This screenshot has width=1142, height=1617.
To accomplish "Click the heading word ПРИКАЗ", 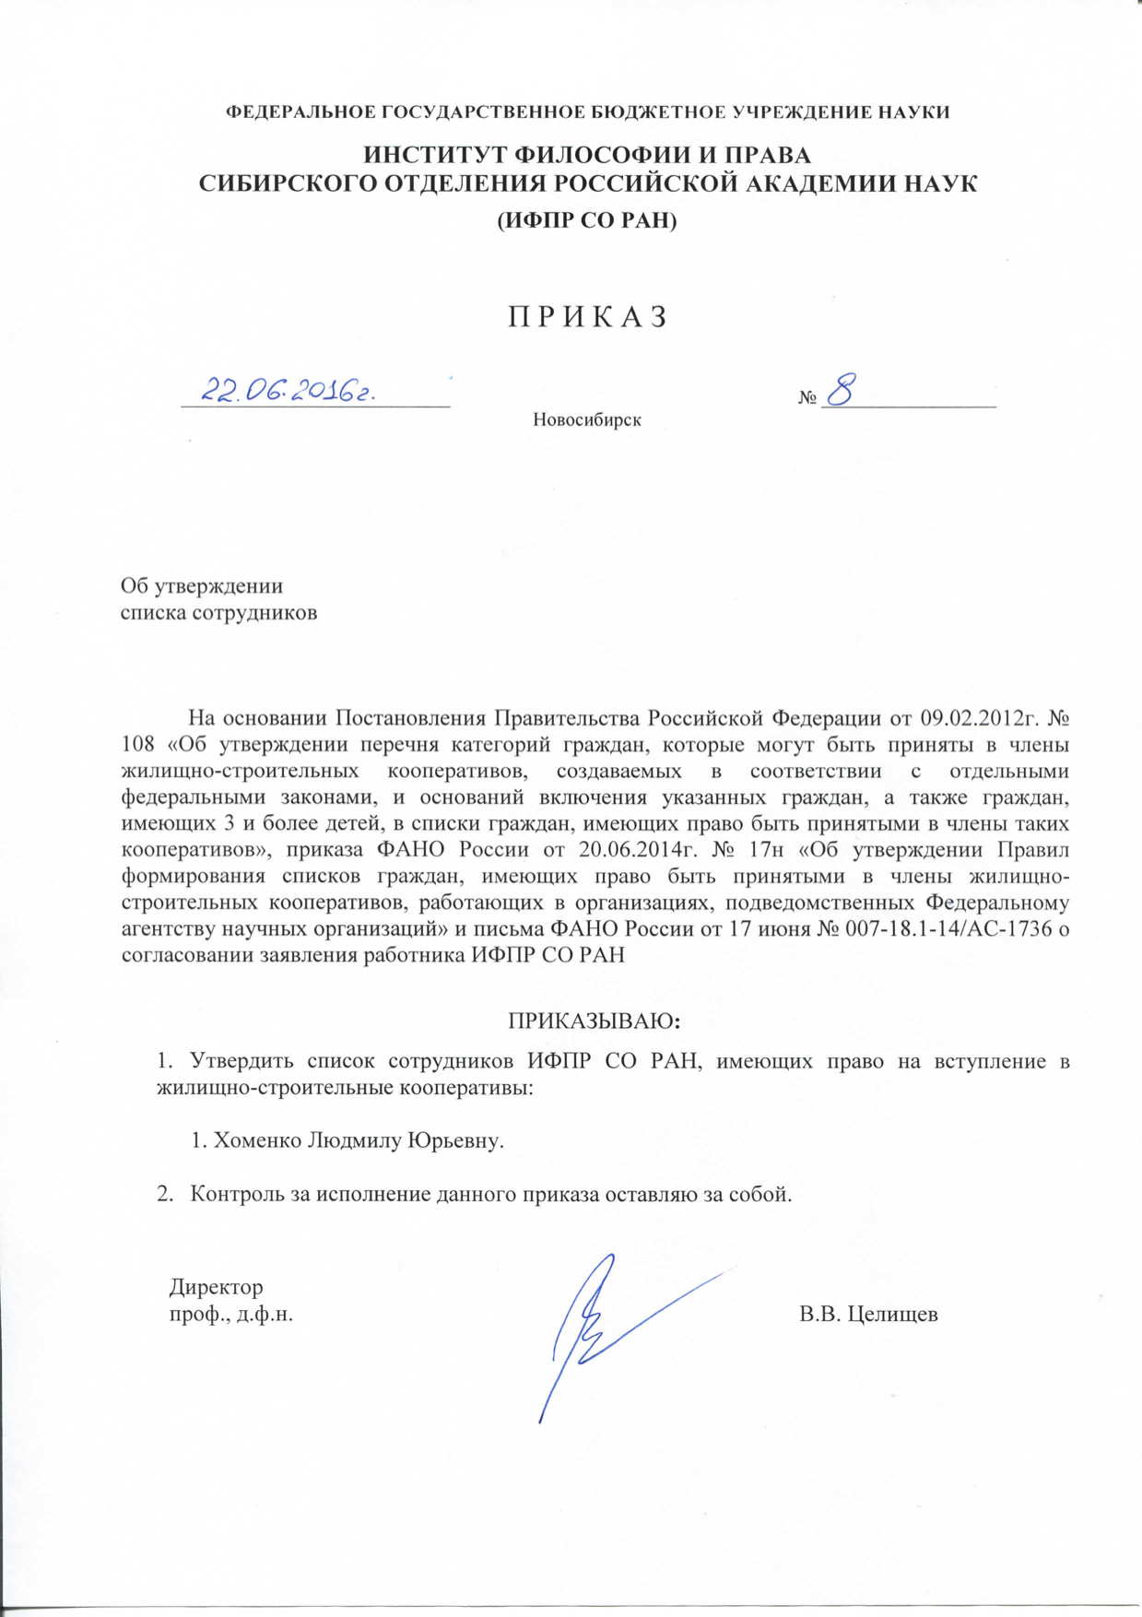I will click(x=587, y=317).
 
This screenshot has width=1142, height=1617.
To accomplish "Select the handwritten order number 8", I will click(x=842, y=389).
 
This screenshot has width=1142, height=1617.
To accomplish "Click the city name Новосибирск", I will click(x=587, y=420).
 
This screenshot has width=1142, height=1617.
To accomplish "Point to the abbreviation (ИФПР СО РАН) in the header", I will click(x=587, y=221).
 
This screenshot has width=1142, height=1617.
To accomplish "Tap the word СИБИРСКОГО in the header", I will click(x=278, y=183).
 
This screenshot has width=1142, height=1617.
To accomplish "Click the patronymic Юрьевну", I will click(x=456, y=1140).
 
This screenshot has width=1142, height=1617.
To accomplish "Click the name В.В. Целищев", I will click(x=868, y=1315).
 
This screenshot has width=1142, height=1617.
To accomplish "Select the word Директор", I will click(x=217, y=1286).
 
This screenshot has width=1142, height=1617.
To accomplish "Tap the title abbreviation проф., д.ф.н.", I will click(x=231, y=1315).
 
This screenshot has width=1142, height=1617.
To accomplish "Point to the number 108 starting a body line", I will click(x=138, y=744).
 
